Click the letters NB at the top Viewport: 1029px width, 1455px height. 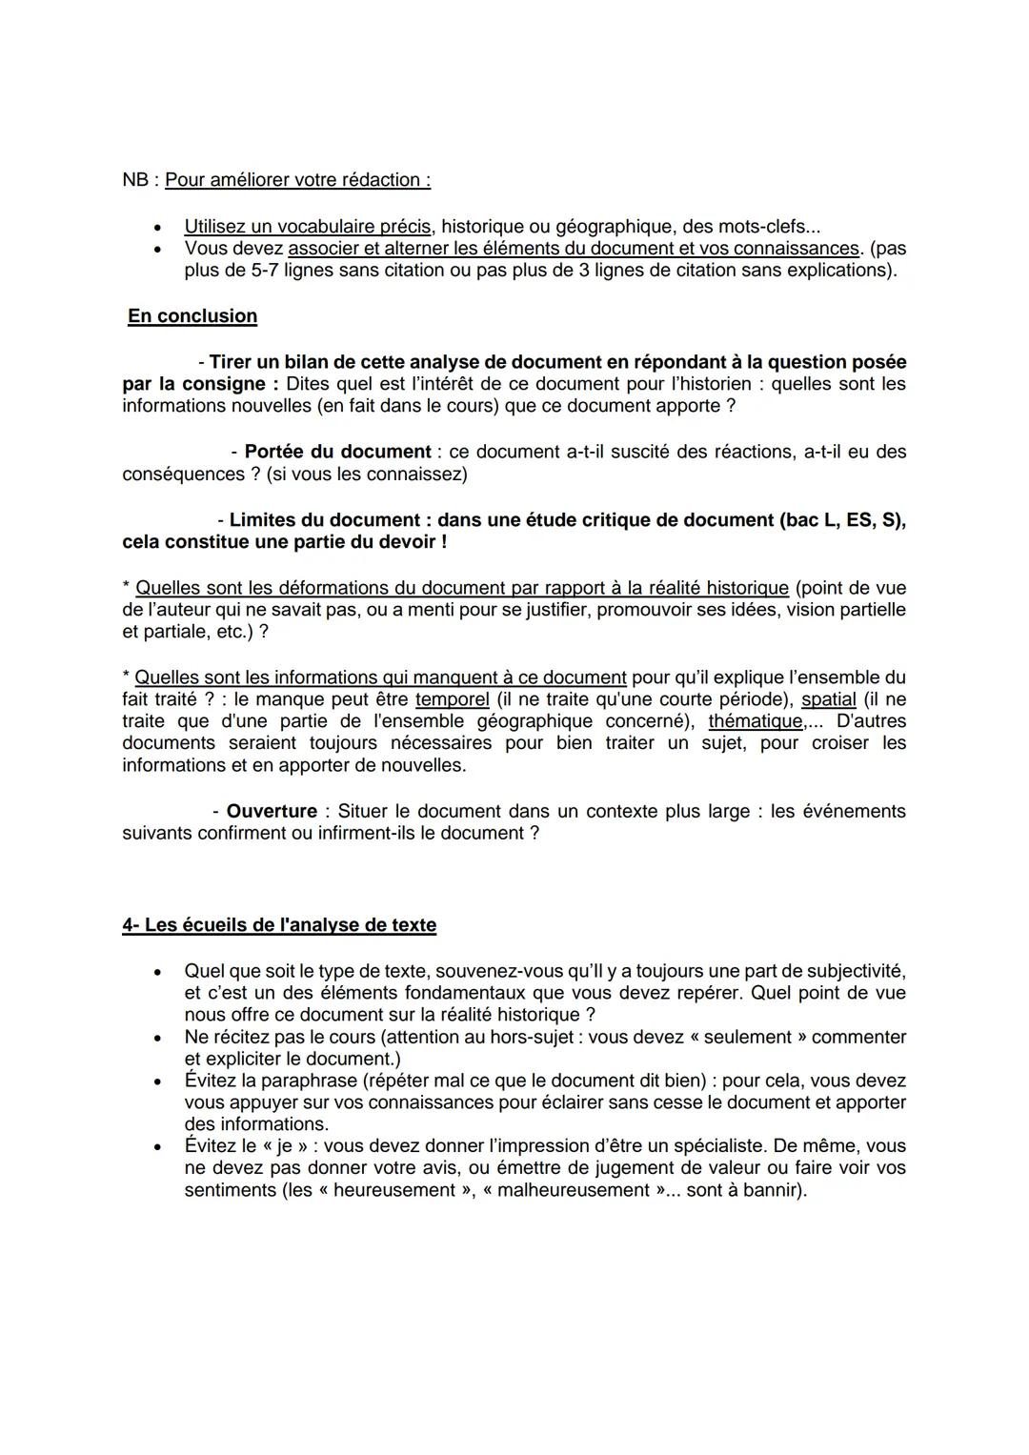(x=135, y=180)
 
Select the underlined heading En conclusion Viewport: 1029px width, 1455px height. (x=192, y=316)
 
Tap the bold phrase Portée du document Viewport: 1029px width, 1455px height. (x=337, y=452)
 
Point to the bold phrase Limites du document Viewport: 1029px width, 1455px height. (x=325, y=520)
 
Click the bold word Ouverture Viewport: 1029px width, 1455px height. (x=272, y=812)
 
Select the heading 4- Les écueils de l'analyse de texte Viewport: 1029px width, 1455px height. (x=279, y=925)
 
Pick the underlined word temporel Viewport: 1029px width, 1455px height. (x=453, y=699)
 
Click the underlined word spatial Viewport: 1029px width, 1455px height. (x=828, y=699)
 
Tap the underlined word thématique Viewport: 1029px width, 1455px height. (x=756, y=721)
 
